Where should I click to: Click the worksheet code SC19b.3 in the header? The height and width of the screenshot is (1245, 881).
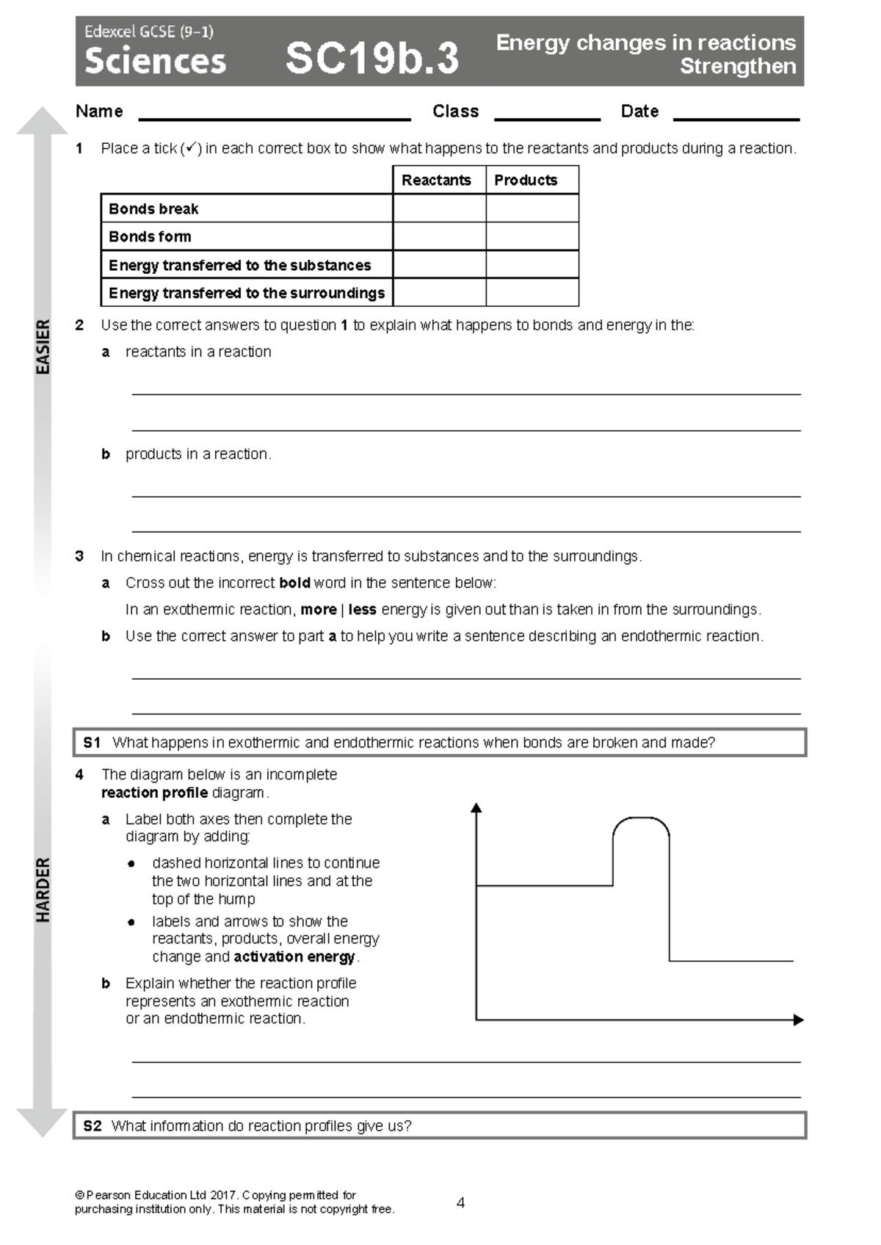(x=371, y=58)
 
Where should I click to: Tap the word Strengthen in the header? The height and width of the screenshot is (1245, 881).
(x=737, y=66)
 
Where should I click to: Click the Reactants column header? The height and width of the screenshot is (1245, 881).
(x=436, y=180)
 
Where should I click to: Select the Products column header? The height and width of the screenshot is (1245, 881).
(x=526, y=180)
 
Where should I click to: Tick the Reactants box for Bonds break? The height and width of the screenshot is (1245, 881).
(x=439, y=208)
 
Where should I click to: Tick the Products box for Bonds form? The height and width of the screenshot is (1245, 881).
(x=532, y=236)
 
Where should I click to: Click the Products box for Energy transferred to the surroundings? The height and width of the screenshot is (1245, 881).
(x=532, y=292)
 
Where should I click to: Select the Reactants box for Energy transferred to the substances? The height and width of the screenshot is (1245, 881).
(x=439, y=264)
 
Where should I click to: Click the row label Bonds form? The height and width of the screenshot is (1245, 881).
(x=150, y=236)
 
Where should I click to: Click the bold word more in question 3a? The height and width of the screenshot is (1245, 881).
(x=318, y=609)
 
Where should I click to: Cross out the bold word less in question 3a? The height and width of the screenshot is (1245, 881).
(x=362, y=609)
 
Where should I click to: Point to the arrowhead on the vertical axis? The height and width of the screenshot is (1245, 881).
(x=476, y=808)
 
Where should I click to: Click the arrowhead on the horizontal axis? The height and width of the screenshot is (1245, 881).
(x=799, y=1019)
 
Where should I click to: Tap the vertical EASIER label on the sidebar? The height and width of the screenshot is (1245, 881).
(x=43, y=346)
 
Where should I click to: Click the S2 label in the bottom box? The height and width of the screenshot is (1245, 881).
(x=93, y=1125)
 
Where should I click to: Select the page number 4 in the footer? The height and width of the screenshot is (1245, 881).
(x=460, y=1202)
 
